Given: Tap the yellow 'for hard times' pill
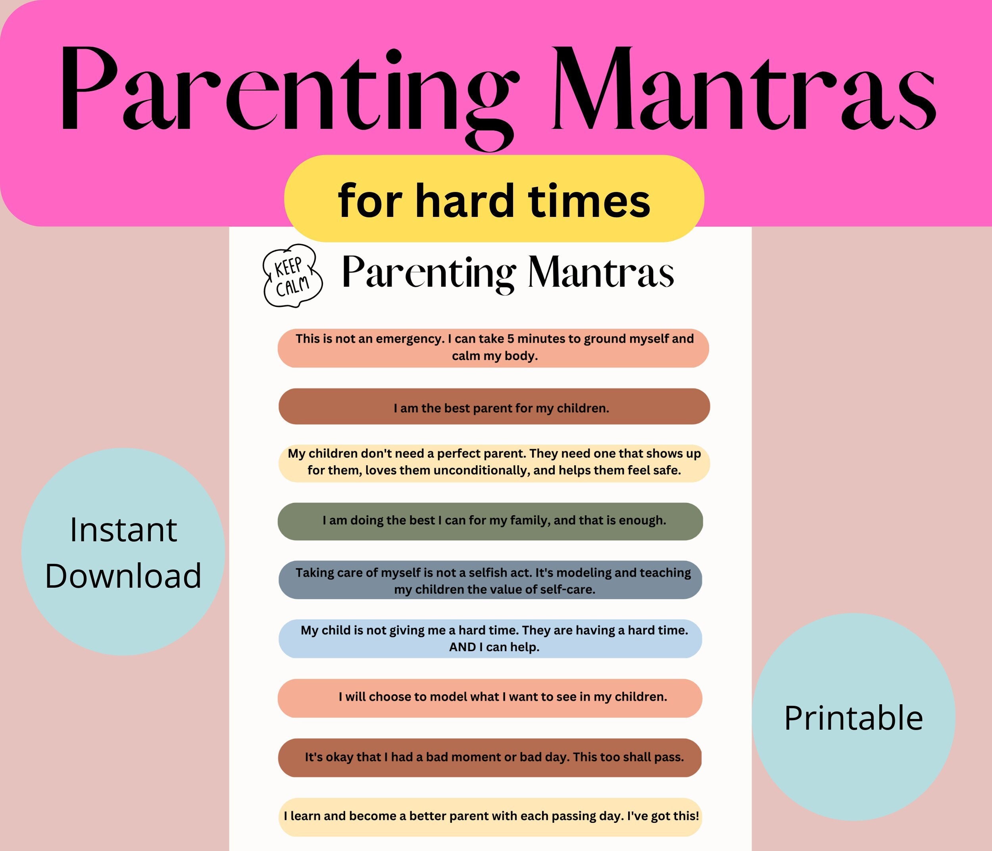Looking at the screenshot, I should coord(494,199).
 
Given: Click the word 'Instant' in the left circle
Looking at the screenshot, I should coord(123,530).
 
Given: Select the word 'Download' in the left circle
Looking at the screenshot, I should coord(123,575).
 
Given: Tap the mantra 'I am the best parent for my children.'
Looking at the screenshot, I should coord(501,408).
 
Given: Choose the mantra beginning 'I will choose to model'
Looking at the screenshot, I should coord(502,696).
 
